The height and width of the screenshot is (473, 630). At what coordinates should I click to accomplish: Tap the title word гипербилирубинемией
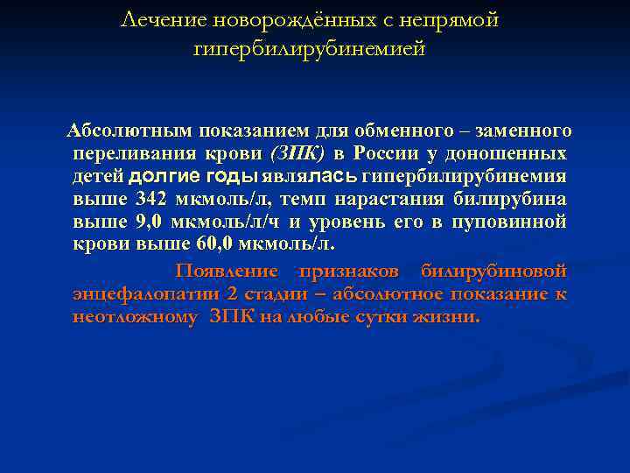tap(309, 49)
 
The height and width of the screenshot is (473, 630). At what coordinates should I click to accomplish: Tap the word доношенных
tap(529, 153)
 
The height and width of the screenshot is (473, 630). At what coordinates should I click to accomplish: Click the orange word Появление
tap(227, 271)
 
